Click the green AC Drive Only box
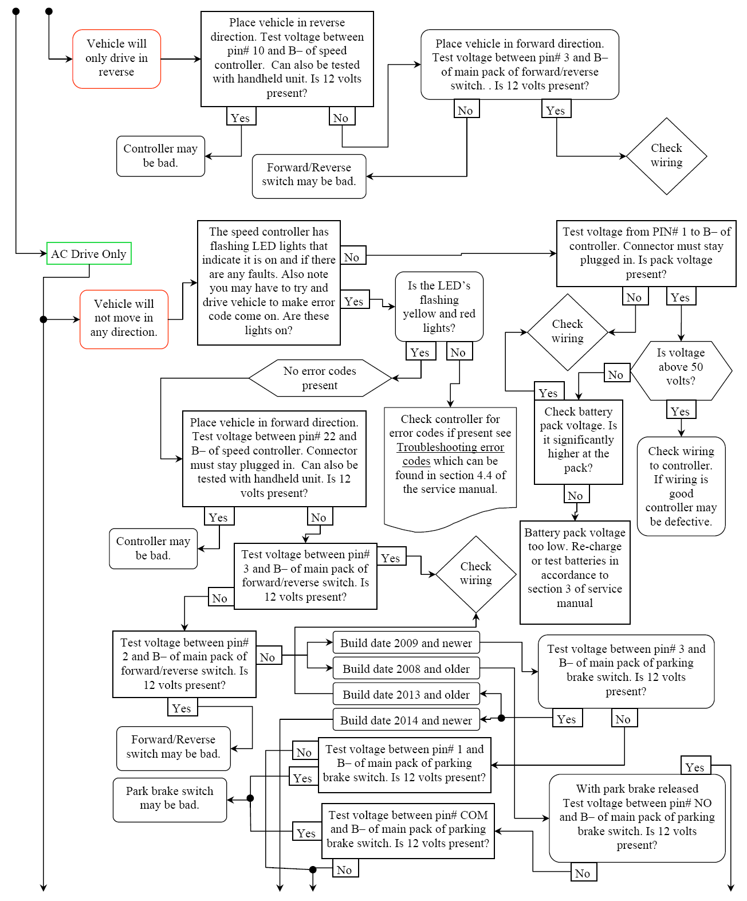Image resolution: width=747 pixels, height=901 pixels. pyautogui.click(x=89, y=253)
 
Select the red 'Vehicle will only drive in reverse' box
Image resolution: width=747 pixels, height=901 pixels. pyautogui.click(x=116, y=58)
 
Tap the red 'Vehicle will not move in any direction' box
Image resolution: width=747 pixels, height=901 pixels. pyautogui.click(x=124, y=319)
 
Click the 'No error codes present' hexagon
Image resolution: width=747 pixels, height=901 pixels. pyautogui.click(x=320, y=378)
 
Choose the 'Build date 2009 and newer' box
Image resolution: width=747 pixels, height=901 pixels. pyautogui.click(x=406, y=643)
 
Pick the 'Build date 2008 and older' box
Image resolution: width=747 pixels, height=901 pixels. pyautogui.click(x=406, y=669)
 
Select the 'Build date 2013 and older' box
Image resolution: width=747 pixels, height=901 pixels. pyautogui.click(x=406, y=695)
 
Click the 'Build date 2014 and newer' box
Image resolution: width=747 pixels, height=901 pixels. pyautogui.click(x=406, y=720)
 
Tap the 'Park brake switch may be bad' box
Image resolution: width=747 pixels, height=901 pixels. pyautogui.click(x=170, y=798)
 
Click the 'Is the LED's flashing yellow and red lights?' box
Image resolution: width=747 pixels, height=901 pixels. pyautogui.click(x=439, y=307)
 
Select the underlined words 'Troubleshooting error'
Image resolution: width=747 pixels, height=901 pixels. pyautogui.click(x=450, y=447)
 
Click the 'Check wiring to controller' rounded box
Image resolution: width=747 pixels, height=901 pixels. pyautogui.click(x=681, y=486)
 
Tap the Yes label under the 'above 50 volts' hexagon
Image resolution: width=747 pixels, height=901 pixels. pyautogui.click(x=681, y=411)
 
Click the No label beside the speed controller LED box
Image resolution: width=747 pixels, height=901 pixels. pyautogui.click(x=352, y=257)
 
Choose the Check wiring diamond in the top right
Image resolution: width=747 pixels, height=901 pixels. pyautogui.click(x=666, y=155)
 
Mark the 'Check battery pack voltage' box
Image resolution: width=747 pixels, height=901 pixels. pyautogui.click(x=578, y=440)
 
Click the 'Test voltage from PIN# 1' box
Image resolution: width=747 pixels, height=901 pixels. pyautogui.click(x=646, y=253)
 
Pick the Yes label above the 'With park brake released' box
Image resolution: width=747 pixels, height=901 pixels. pyautogui.click(x=695, y=767)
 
